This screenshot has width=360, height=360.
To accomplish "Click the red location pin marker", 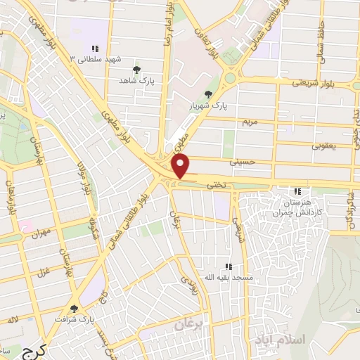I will [181, 166].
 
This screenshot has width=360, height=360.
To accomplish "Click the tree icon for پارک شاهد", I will [136, 70].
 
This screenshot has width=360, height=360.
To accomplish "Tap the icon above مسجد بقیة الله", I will [228, 266].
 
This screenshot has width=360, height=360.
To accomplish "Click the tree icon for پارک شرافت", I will [74, 308].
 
